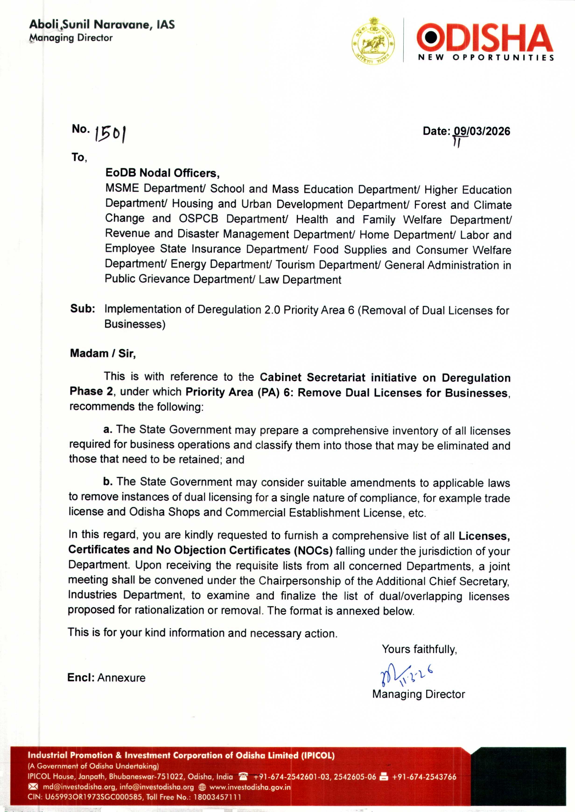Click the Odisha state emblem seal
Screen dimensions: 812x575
[373, 42]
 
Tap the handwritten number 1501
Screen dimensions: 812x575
[111, 133]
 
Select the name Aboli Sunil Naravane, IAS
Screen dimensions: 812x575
[102, 24]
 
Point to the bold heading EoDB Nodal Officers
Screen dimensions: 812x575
[162, 173]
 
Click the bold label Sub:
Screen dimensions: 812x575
[83, 309]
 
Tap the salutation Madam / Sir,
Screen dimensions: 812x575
[103, 353]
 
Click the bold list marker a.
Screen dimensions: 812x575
[108, 429]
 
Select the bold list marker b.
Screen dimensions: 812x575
[108, 482]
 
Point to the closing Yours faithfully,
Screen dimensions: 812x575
[419, 649]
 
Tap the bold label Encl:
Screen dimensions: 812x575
[81, 678]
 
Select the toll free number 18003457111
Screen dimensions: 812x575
[217, 797]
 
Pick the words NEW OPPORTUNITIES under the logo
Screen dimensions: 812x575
[486, 57]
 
